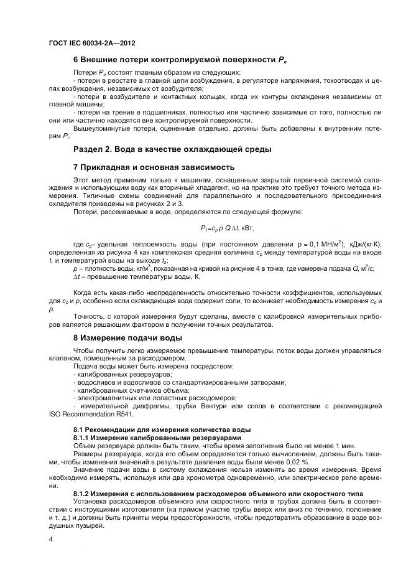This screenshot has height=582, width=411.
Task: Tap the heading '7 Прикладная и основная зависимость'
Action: tap(154, 167)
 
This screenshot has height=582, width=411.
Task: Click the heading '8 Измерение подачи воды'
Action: tap(127, 338)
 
